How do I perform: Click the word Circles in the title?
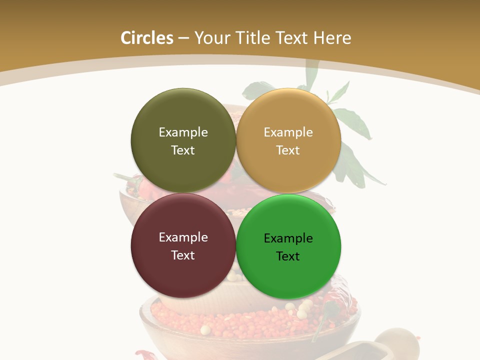(x=146, y=38)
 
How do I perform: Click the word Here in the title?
(x=333, y=38)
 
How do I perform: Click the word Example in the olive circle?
(x=183, y=132)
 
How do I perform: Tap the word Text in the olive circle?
(x=183, y=150)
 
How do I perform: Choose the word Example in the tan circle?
(x=288, y=132)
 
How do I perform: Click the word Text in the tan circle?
(x=288, y=150)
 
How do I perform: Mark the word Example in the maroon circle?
(x=183, y=237)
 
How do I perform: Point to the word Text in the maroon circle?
(x=183, y=255)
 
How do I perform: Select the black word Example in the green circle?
(x=288, y=238)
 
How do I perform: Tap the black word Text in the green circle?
(x=288, y=256)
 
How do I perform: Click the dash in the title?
(x=183, y=38)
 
